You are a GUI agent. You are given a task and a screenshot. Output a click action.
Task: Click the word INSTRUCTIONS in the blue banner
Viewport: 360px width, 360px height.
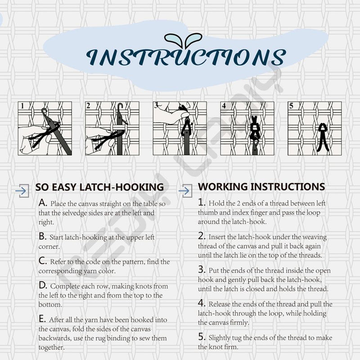pos(186,57)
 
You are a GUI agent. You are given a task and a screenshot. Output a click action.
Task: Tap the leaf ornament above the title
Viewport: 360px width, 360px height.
pos(183,40)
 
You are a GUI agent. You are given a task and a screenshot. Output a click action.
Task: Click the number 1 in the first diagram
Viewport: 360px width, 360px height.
pos(22,106)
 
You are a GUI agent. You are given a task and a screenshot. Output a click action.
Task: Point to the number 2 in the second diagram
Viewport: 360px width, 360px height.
pos(88,106)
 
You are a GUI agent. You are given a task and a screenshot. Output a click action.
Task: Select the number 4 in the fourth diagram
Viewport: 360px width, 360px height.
pos(224,106)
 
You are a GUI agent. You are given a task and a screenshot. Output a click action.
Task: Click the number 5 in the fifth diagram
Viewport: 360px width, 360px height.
pos(291,106)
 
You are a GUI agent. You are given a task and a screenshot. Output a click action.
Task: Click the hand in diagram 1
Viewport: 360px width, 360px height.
pos(35,139)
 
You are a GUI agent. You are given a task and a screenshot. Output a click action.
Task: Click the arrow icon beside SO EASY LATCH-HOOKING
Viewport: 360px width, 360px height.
pos(22,190)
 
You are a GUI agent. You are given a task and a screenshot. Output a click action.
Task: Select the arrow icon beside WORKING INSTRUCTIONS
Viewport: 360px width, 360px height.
pos(185,190)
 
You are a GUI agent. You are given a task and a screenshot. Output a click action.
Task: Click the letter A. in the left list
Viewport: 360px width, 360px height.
pos(43,203)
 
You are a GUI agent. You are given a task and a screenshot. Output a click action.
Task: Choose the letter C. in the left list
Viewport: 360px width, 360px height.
pos(43,261)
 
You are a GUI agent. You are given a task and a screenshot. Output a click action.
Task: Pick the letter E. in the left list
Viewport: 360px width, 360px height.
pos(42,319)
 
